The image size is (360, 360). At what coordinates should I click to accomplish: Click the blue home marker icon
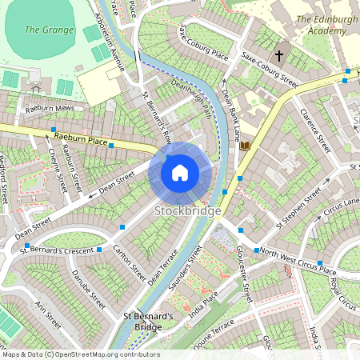pos(180,172)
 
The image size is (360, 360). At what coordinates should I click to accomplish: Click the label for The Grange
pos(42,30)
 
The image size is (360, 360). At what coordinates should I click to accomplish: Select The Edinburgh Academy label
pos(326,25)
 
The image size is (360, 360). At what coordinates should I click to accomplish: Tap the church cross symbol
pos(279,56)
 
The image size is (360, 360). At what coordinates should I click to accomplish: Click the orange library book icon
pos(245,146)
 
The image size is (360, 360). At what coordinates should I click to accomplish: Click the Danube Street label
pos(87,290)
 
